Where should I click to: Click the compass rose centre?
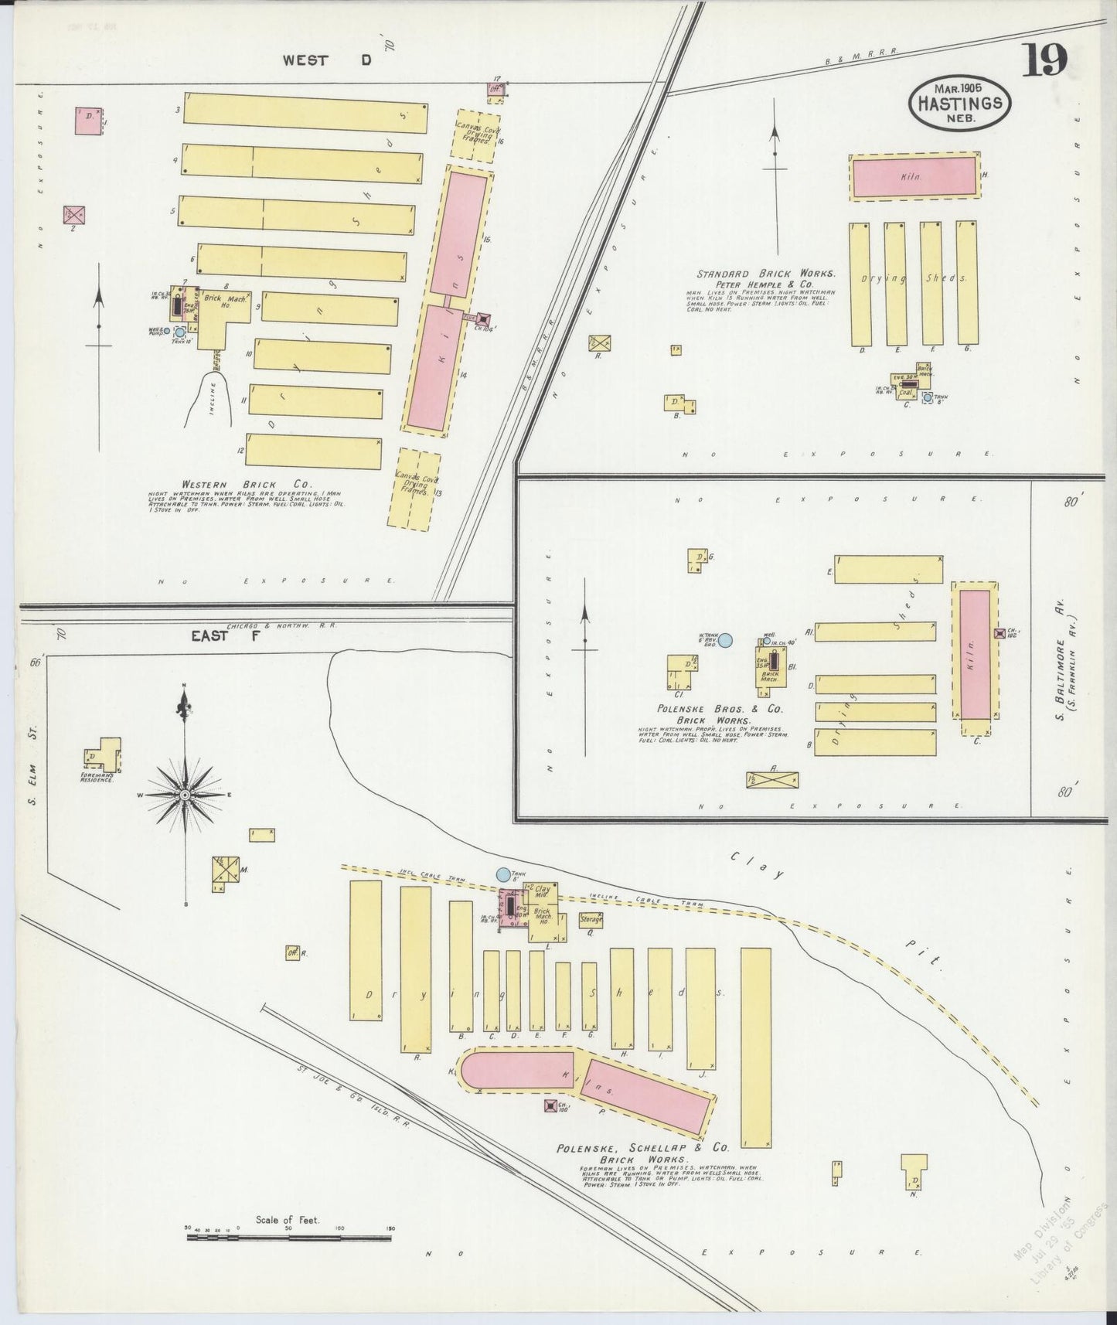tap(186, 794)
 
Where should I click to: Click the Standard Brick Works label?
tap(765, 274)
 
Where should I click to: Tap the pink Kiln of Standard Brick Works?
tap(914, 177)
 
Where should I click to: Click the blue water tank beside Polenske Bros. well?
tap(724, 640)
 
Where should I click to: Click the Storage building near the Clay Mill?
tap(591, 919)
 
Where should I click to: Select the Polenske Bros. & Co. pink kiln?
tap(975, 654)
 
